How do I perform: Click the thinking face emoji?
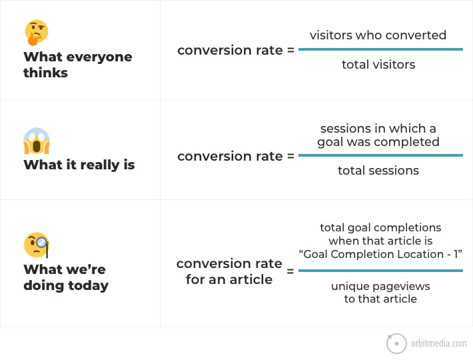(x=37, y=33)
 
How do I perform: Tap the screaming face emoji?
(x=37, y=141)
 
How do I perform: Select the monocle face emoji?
(x=36, y=245)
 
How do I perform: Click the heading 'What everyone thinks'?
(x=78, y=65)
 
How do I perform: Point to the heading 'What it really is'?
(x=79, y=165)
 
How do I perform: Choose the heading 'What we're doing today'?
(x=66, y=277)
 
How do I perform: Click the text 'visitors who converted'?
(x=378, y=35)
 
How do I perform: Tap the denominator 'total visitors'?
(x=378, y=64)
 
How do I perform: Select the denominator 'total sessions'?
(x=378, y=171)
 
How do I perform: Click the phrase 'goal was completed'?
(x=378, y=142)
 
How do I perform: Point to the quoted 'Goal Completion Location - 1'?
(x=380, y=254)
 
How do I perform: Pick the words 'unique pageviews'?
(x=380, y=287)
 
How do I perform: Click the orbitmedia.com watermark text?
(x=438, y=343)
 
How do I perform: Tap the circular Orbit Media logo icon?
(x=396, y=343)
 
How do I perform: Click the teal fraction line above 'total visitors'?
(x=380, y=49)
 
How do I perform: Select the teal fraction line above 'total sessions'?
(x=380, y=155)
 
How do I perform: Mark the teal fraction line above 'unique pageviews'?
(x=380, y=271)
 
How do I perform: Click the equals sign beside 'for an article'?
(x=290, y=271)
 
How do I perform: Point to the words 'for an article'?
(x=229, y=279)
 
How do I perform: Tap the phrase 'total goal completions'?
(x=380, y=227)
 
